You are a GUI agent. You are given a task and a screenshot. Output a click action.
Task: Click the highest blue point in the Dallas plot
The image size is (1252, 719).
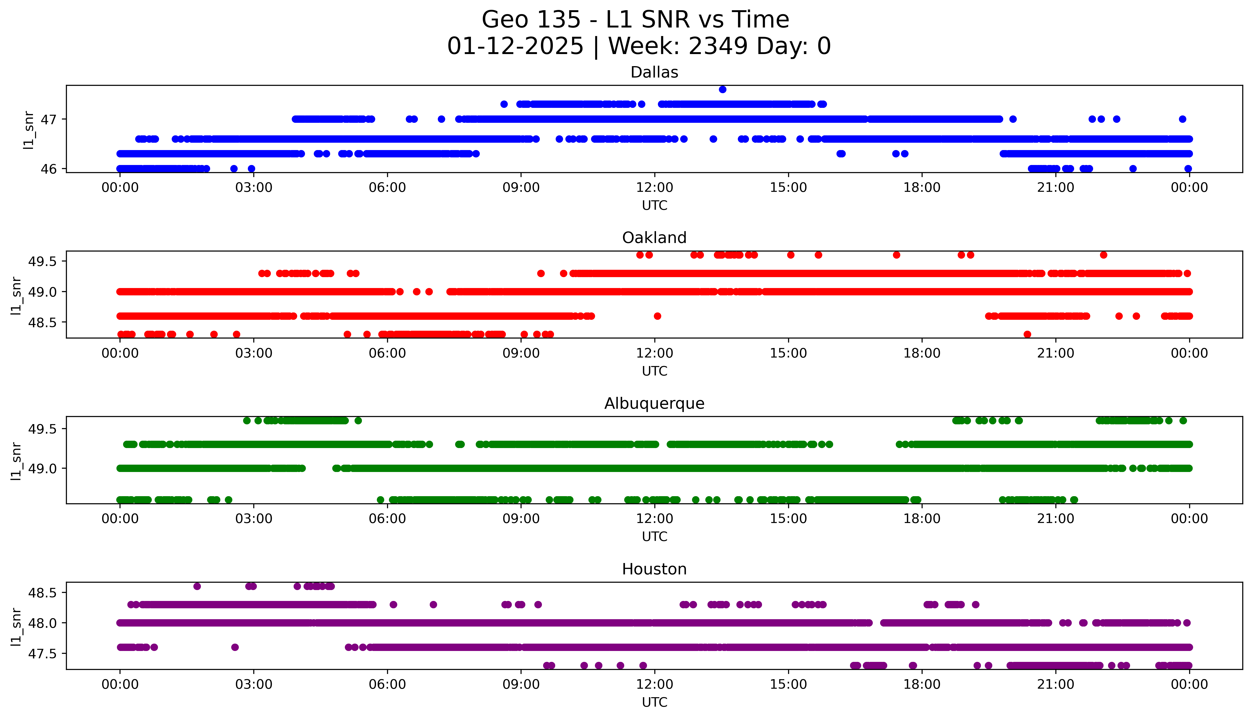coord(723,89)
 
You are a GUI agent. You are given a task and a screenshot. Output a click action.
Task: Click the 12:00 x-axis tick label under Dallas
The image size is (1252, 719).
coord(654,188)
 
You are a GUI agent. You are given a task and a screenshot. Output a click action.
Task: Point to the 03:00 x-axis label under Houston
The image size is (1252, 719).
coord(254,684)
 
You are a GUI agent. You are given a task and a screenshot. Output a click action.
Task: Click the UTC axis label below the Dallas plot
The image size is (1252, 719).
coord(654,206)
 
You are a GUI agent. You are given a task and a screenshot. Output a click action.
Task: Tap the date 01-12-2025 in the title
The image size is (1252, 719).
coord(515,46)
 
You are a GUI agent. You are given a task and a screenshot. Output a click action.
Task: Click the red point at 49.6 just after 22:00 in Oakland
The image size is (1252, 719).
coord(1103,255)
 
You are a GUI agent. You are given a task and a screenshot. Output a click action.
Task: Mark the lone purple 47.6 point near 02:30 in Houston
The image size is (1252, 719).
coord(235,647)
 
